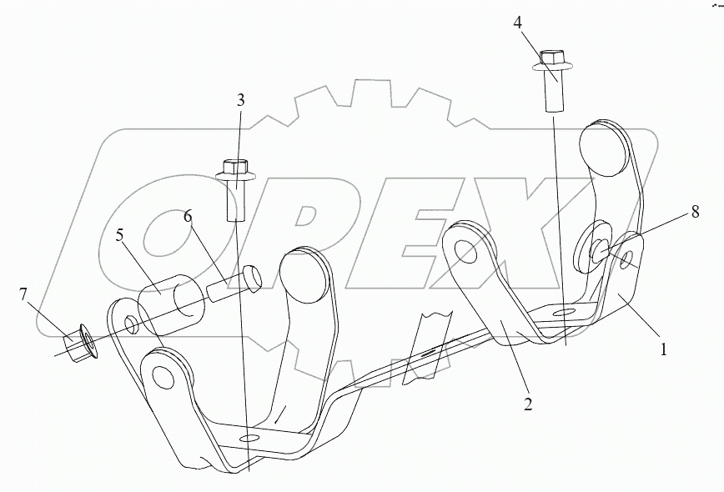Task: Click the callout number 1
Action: (664, 351)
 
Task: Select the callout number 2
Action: (528, 404)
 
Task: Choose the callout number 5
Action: (120, 236)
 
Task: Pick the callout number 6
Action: (189, 216)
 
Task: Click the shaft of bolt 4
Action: (552, 93)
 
